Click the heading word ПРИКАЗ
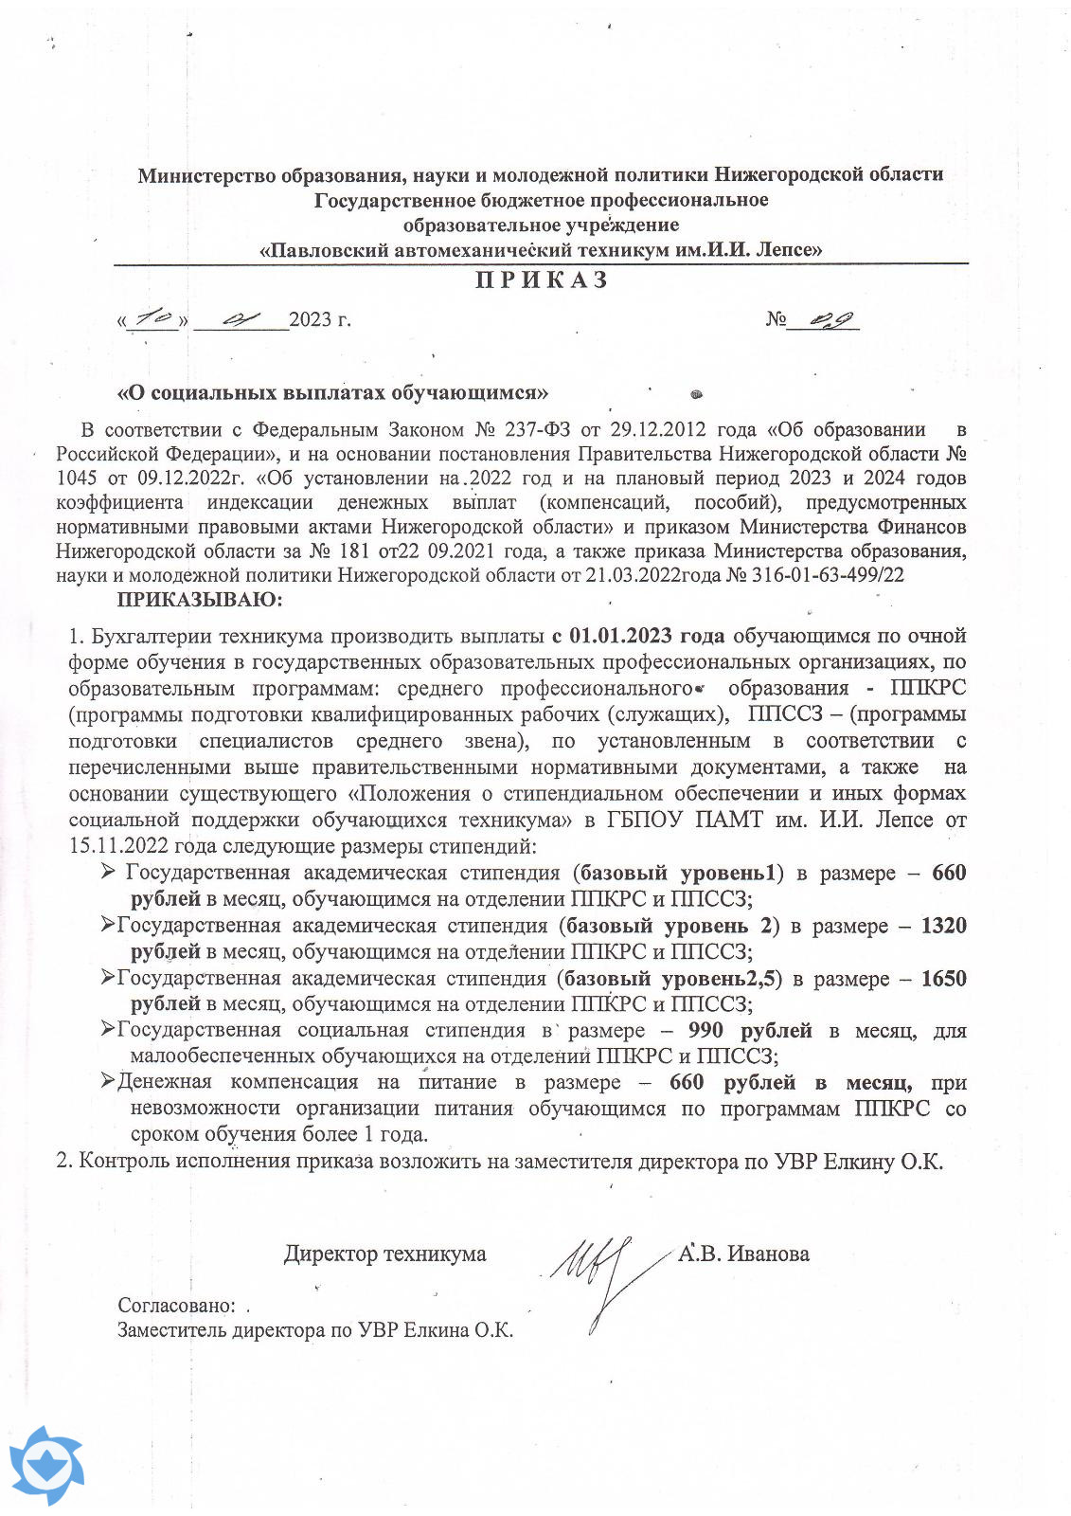click(541, 280)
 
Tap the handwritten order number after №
click(823, 320)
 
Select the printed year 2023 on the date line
click(310, 320)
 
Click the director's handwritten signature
click(597, 1270)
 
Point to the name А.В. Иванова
click(743, 1254)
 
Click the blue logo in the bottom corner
click(46, 1466)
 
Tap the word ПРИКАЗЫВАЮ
click(199, 600)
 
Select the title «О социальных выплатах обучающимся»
click(332, 392)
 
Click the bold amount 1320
click(943, 926)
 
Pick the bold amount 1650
click(943, 979)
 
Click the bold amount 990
click(705, 1031)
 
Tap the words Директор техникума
click(384, 1254)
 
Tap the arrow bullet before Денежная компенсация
click(108, 1081)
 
